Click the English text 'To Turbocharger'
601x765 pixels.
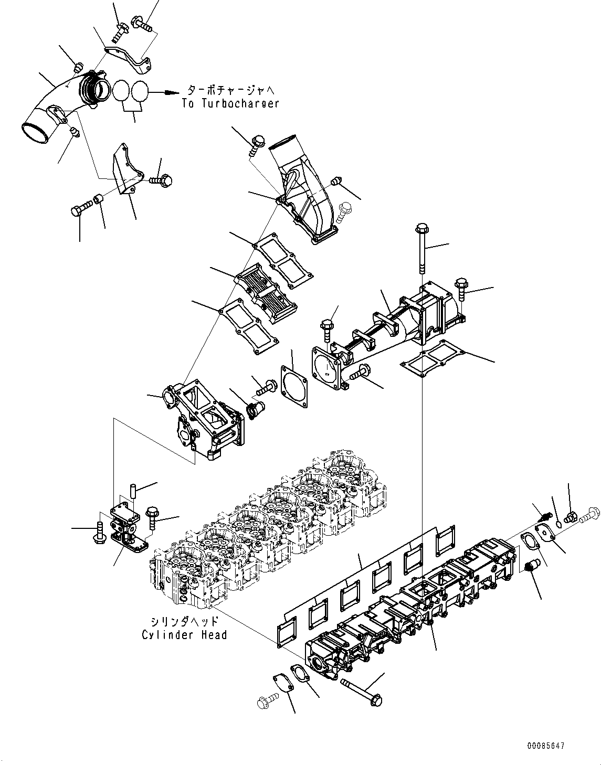point(230,103)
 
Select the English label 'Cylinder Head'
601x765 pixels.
point(184,634)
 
